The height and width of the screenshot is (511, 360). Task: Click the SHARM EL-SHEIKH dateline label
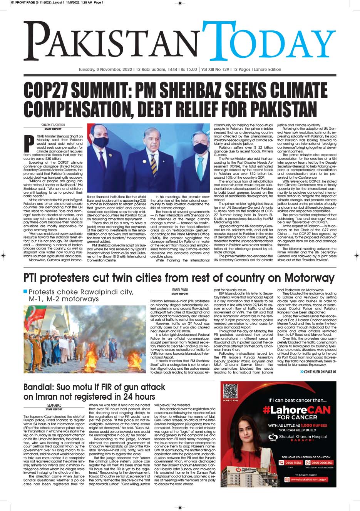click(x=53, y=125)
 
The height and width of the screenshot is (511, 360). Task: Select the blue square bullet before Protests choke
click(x=25, y=291)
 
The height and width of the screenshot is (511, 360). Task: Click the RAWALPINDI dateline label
click(x=179, y=289)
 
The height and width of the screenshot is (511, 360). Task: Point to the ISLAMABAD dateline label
click(x=54, y=405)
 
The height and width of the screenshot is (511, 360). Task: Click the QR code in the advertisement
click(x=230, y=391)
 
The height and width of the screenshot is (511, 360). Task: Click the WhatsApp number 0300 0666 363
click(x=321, y=463)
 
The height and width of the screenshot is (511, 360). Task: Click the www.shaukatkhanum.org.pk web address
click(x=308, y=479)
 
